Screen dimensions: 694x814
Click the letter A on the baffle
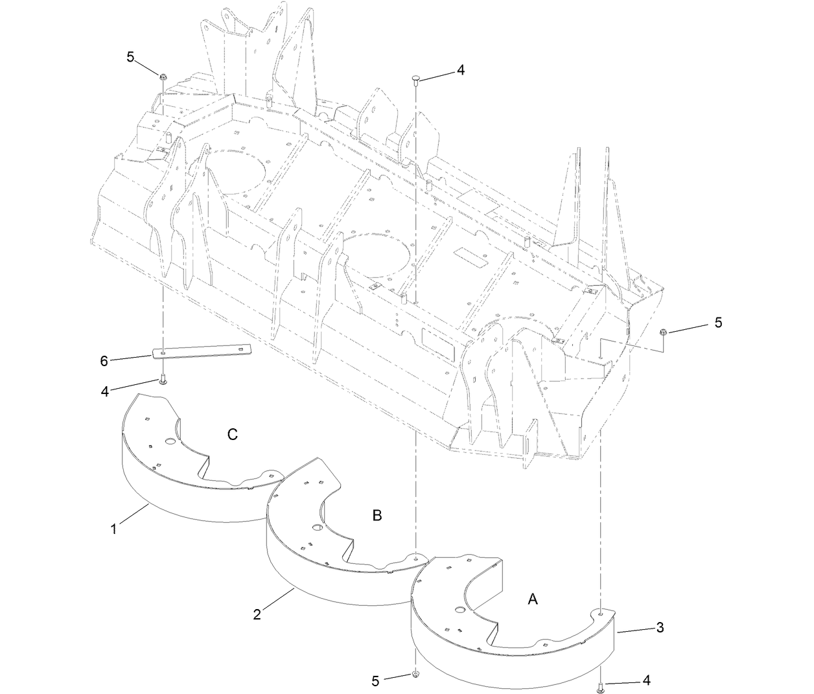click(533, 599)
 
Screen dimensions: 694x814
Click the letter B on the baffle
click(377, 516)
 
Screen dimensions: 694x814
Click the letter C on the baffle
click(233, 435)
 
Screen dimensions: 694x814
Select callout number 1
click(113, 529)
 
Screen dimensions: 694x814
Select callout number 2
click(257, 613)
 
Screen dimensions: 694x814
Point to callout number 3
click(660, 627)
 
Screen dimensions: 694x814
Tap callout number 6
click(104, 361)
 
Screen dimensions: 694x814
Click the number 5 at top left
click(130, 57)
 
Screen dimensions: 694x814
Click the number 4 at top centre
click(461, 70)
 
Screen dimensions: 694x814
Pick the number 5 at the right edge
click(718, 322)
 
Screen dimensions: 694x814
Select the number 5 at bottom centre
click(376, 680)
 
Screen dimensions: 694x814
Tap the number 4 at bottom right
click(646, 680)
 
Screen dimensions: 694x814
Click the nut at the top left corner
click(163, 78)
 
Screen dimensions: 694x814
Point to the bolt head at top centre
click(415, 79)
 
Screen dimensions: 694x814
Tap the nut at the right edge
click(662, 332)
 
